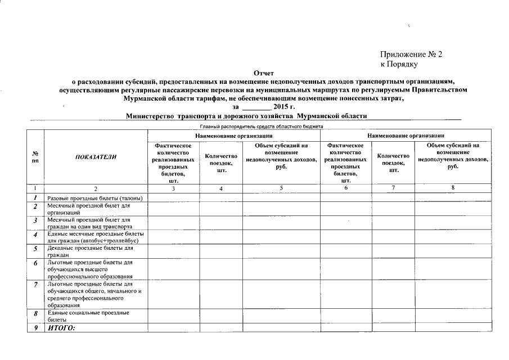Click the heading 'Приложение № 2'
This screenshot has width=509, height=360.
coord(411,55)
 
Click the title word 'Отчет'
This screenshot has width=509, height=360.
coord(263,73)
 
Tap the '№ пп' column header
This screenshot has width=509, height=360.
coord(35,157)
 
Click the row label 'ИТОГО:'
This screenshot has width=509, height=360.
coord(61,328)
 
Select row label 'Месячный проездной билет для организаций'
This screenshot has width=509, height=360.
coord(84,209)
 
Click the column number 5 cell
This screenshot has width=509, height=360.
coord(281,188)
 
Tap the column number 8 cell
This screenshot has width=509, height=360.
coord(452,188)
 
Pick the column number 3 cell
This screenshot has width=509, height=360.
coord(173,188)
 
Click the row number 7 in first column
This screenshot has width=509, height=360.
coord(35,285)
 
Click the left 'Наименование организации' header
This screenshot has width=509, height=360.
coord(234,136)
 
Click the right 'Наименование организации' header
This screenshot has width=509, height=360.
coord(406,136)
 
